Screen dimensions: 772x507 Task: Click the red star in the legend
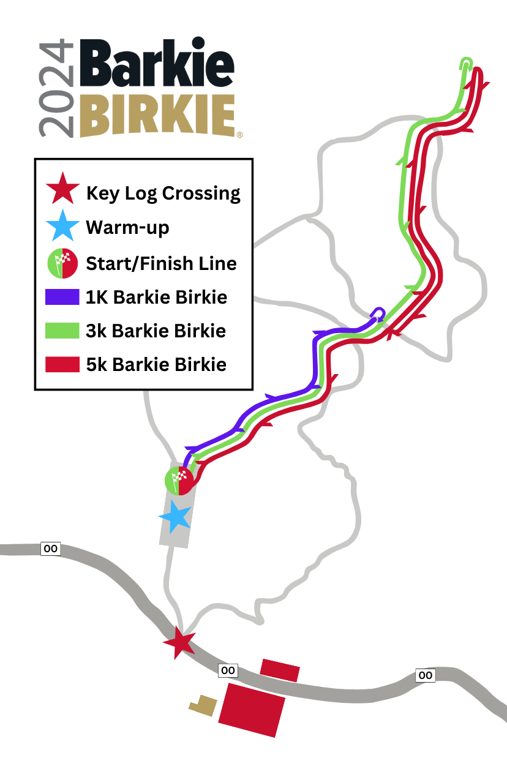point(62,189)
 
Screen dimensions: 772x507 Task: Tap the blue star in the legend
point(62,227)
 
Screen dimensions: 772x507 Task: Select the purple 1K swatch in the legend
point(62,297)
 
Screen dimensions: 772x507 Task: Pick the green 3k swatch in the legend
point(62,331)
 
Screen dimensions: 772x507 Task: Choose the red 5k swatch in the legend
point(62,364)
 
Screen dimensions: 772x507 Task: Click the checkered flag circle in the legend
point(62,263)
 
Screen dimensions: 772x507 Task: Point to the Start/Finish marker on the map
point(179,480)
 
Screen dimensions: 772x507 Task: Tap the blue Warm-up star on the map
point(176,517)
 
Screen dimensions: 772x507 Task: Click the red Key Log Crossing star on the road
point(179,642)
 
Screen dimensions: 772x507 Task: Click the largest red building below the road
point(252,710)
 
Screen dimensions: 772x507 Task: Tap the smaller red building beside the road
point(280,670)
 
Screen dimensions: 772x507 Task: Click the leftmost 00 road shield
point(50,549)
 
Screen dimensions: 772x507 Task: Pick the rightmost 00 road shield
point(426,675)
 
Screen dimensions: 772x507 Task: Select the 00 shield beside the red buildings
point(228,670)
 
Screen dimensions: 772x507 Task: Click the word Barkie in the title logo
point(156,65)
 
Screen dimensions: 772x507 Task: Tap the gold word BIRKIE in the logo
point(157,115)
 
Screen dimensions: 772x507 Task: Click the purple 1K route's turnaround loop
point(379,313)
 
